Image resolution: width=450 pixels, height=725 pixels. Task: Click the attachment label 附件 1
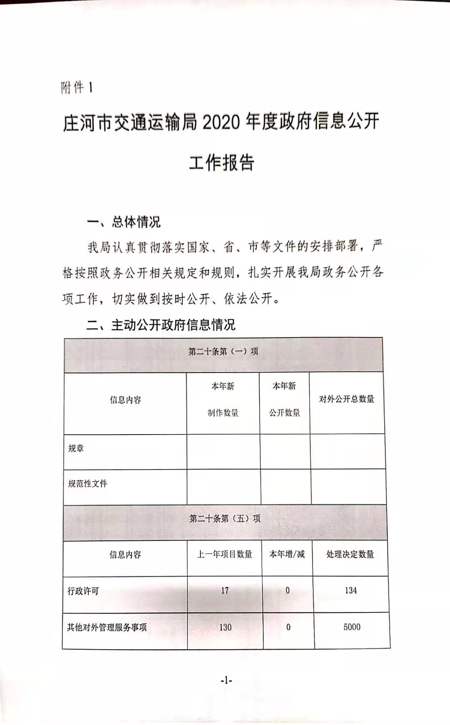[77, 88]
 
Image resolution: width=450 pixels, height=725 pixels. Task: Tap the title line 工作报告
[221, 162]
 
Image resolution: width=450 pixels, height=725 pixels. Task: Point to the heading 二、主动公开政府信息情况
[161, 325]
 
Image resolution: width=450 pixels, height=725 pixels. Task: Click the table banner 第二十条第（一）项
[223, 351]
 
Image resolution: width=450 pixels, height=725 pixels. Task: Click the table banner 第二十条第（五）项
[225, 519]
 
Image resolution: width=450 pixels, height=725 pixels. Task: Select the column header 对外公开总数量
[347, 399]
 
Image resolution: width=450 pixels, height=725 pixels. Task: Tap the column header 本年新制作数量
[223, 400]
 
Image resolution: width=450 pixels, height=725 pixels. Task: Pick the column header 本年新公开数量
[285, 400]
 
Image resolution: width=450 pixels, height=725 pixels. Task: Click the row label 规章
[76, 448]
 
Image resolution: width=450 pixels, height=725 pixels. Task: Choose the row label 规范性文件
[88, 484]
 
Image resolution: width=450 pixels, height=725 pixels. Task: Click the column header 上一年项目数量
[225, 555]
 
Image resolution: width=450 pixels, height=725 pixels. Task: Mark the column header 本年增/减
[287, 554]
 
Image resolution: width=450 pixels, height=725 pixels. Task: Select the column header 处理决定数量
[350, 555]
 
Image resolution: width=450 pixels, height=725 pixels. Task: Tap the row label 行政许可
[83, 591]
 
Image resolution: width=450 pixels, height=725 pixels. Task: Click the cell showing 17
[225, 591]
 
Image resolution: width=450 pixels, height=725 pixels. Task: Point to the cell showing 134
[351, 591]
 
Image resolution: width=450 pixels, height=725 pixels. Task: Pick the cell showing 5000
[352, 627]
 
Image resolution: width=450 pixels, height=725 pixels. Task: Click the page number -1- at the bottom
[226, 680]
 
